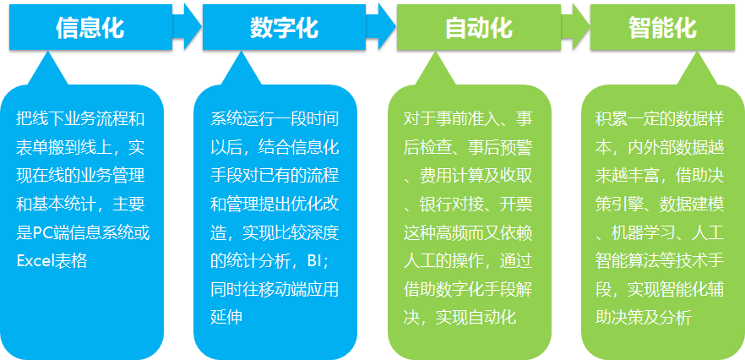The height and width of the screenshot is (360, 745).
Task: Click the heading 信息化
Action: (x=90, y=28)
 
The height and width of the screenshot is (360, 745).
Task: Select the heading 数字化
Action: (x=284, y=28)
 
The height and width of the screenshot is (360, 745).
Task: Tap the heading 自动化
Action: (x=478, y=28)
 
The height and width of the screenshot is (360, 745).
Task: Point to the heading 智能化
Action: (x=662, y=28)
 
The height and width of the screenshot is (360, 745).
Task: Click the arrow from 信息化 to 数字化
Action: (x=188, y=27)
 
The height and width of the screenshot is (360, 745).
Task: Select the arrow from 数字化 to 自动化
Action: (x=381, y=27)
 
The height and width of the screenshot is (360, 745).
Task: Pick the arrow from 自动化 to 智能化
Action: (x=575, y=27)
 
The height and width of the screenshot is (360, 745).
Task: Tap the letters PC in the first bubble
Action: (x=41, y=233)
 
